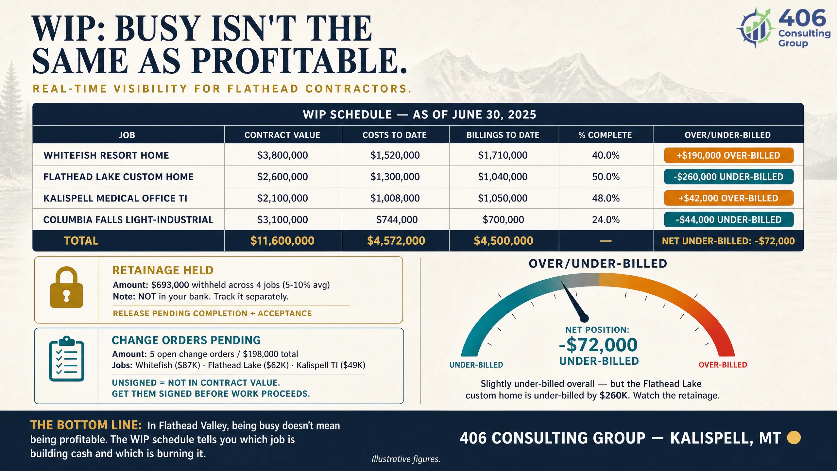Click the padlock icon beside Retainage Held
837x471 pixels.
(66, 287)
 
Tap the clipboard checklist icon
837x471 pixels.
(67, 358)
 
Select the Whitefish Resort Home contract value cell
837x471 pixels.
(282, 155)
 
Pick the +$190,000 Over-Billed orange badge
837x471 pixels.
(729, 155)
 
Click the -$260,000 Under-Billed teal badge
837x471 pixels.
(729, 177)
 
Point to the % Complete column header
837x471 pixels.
(605, 135)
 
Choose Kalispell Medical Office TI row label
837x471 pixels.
(115, 198)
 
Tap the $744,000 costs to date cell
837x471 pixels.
(397, 219)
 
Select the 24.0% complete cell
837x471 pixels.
(606, 219)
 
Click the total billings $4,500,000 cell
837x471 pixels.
(504, 241)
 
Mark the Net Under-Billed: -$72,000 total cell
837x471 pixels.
(728, 241)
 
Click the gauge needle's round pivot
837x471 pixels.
(584, 318)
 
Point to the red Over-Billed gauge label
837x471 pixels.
(723, 365)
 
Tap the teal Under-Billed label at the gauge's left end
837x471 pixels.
(476, 365)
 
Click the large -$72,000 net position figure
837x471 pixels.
(598, 344)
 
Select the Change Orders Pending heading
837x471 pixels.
(186, 340)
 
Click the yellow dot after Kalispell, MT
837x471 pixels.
(794, 438)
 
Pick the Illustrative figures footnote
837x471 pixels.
(406, 459)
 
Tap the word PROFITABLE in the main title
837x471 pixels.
(299, 61)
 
